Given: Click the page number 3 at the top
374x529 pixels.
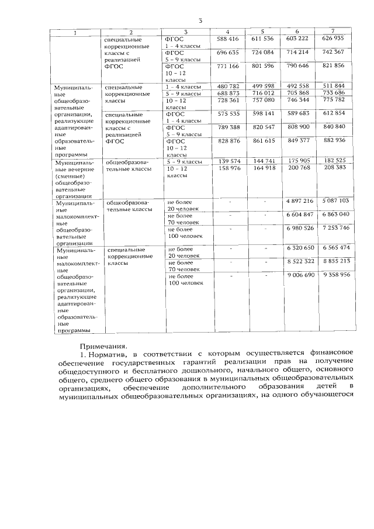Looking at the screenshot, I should pyautogui.click(x=200, y=22).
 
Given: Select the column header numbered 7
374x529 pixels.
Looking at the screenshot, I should pyautogui.click(x=333, y=30).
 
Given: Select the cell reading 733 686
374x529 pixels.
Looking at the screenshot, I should pyautogui.click(x=333, y=93).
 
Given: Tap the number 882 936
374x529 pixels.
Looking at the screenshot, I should pyautogui.click(x=333, y=141).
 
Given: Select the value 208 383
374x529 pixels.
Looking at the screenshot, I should pyautogui.click(x=333, y=167).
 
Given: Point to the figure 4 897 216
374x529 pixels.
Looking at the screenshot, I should pyautogui.click(x=300, y=200).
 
